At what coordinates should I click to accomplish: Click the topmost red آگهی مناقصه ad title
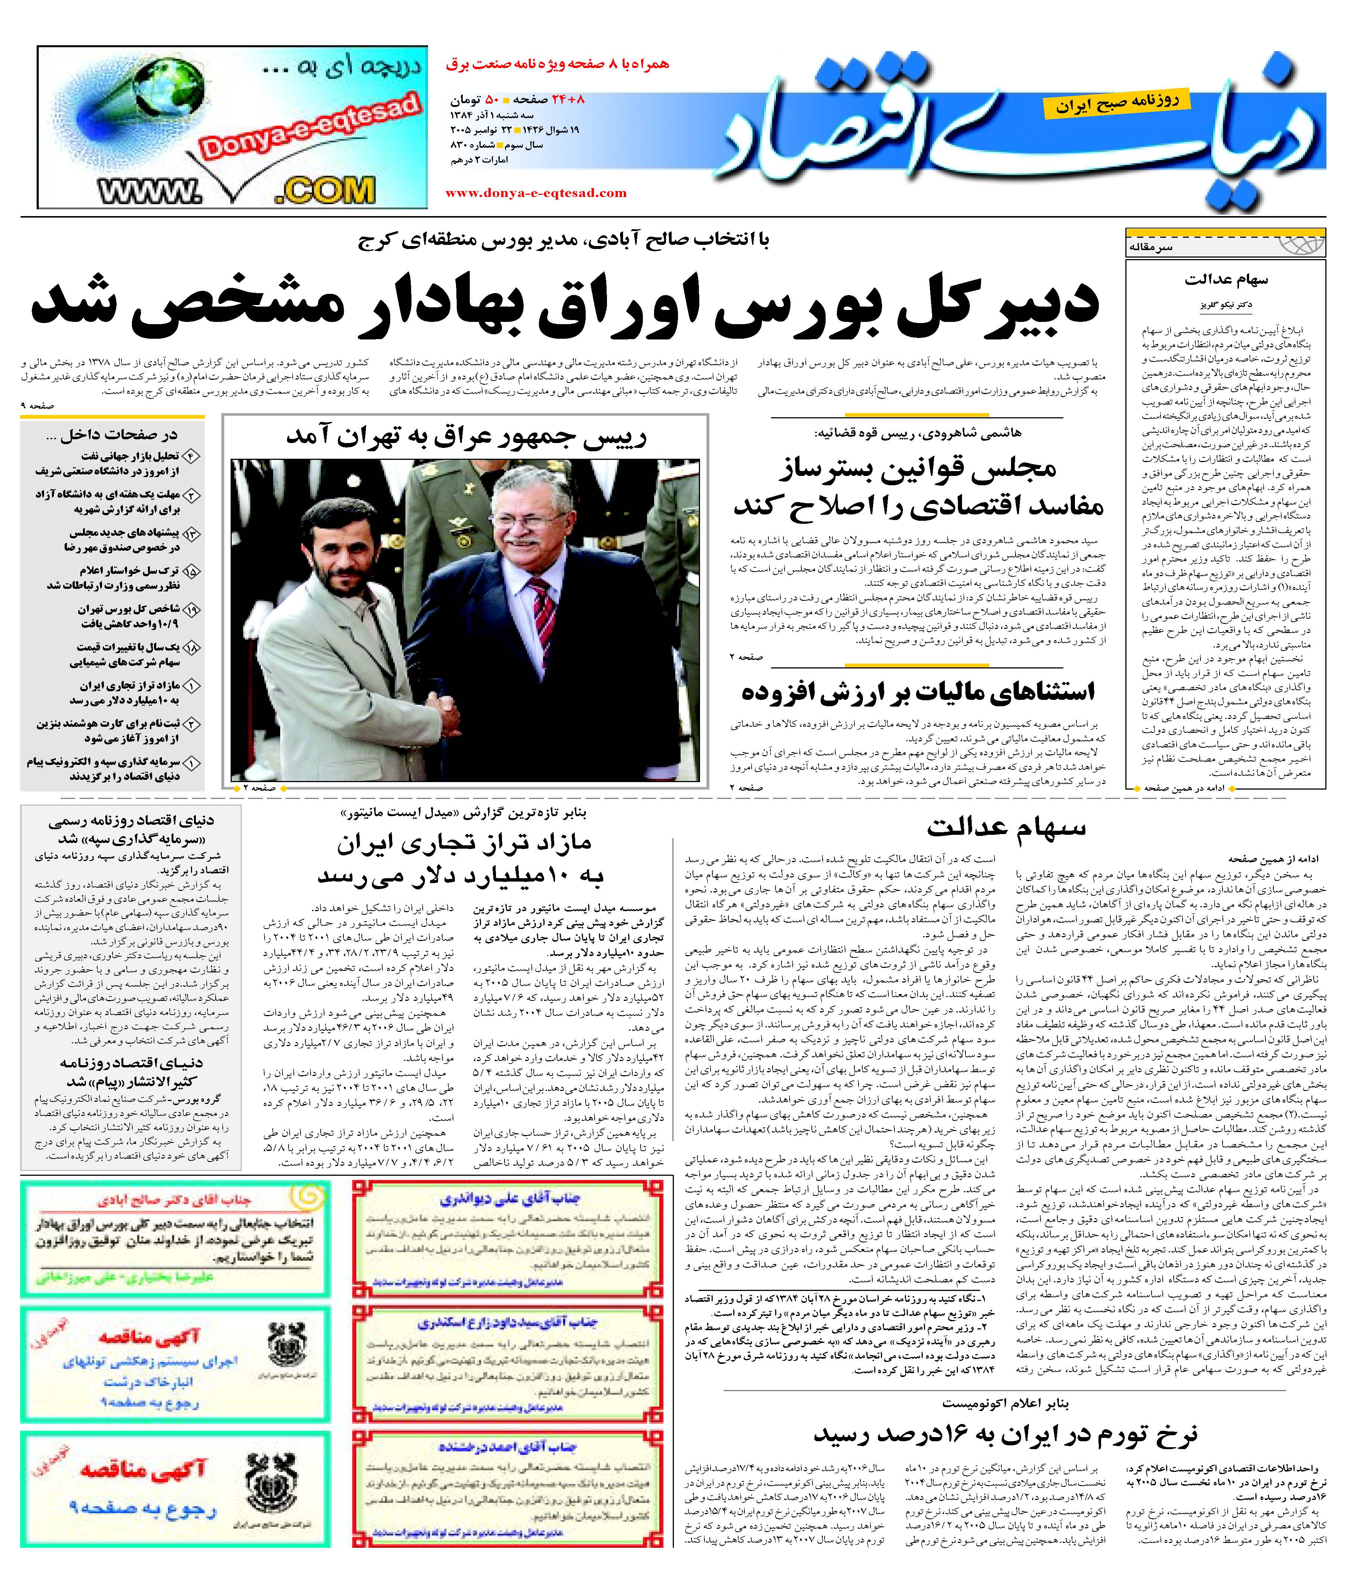[149, 1337]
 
